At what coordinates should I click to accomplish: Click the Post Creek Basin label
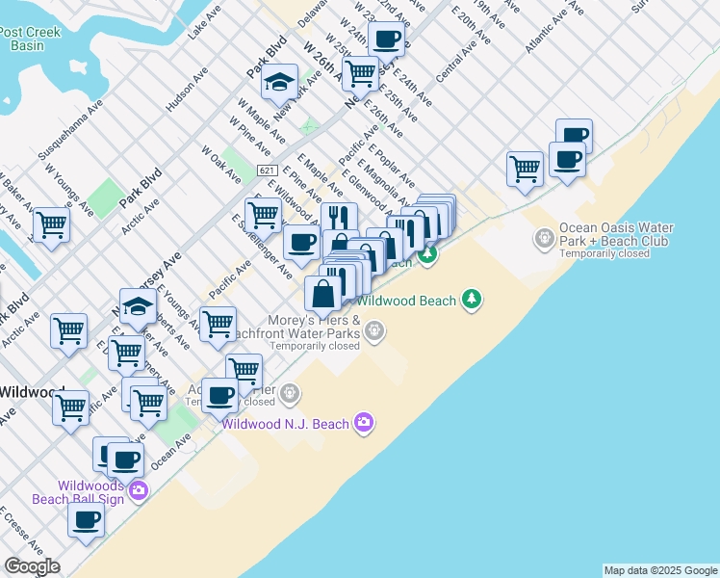(x=30, y=39)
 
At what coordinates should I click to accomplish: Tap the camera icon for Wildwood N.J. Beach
(x=363, y=422)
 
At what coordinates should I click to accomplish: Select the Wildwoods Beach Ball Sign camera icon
(x=138, y=491)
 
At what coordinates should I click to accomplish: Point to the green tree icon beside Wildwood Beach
(x=471, y=300)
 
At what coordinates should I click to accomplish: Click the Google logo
(x=32, y=566)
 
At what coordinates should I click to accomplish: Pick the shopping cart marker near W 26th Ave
(x=360, y=72)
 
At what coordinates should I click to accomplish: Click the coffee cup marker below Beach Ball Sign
(x=87, y=521)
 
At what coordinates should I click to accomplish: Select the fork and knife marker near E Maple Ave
(x=338, y=219)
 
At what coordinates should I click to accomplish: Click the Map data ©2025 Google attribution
(x=661, y=570)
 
